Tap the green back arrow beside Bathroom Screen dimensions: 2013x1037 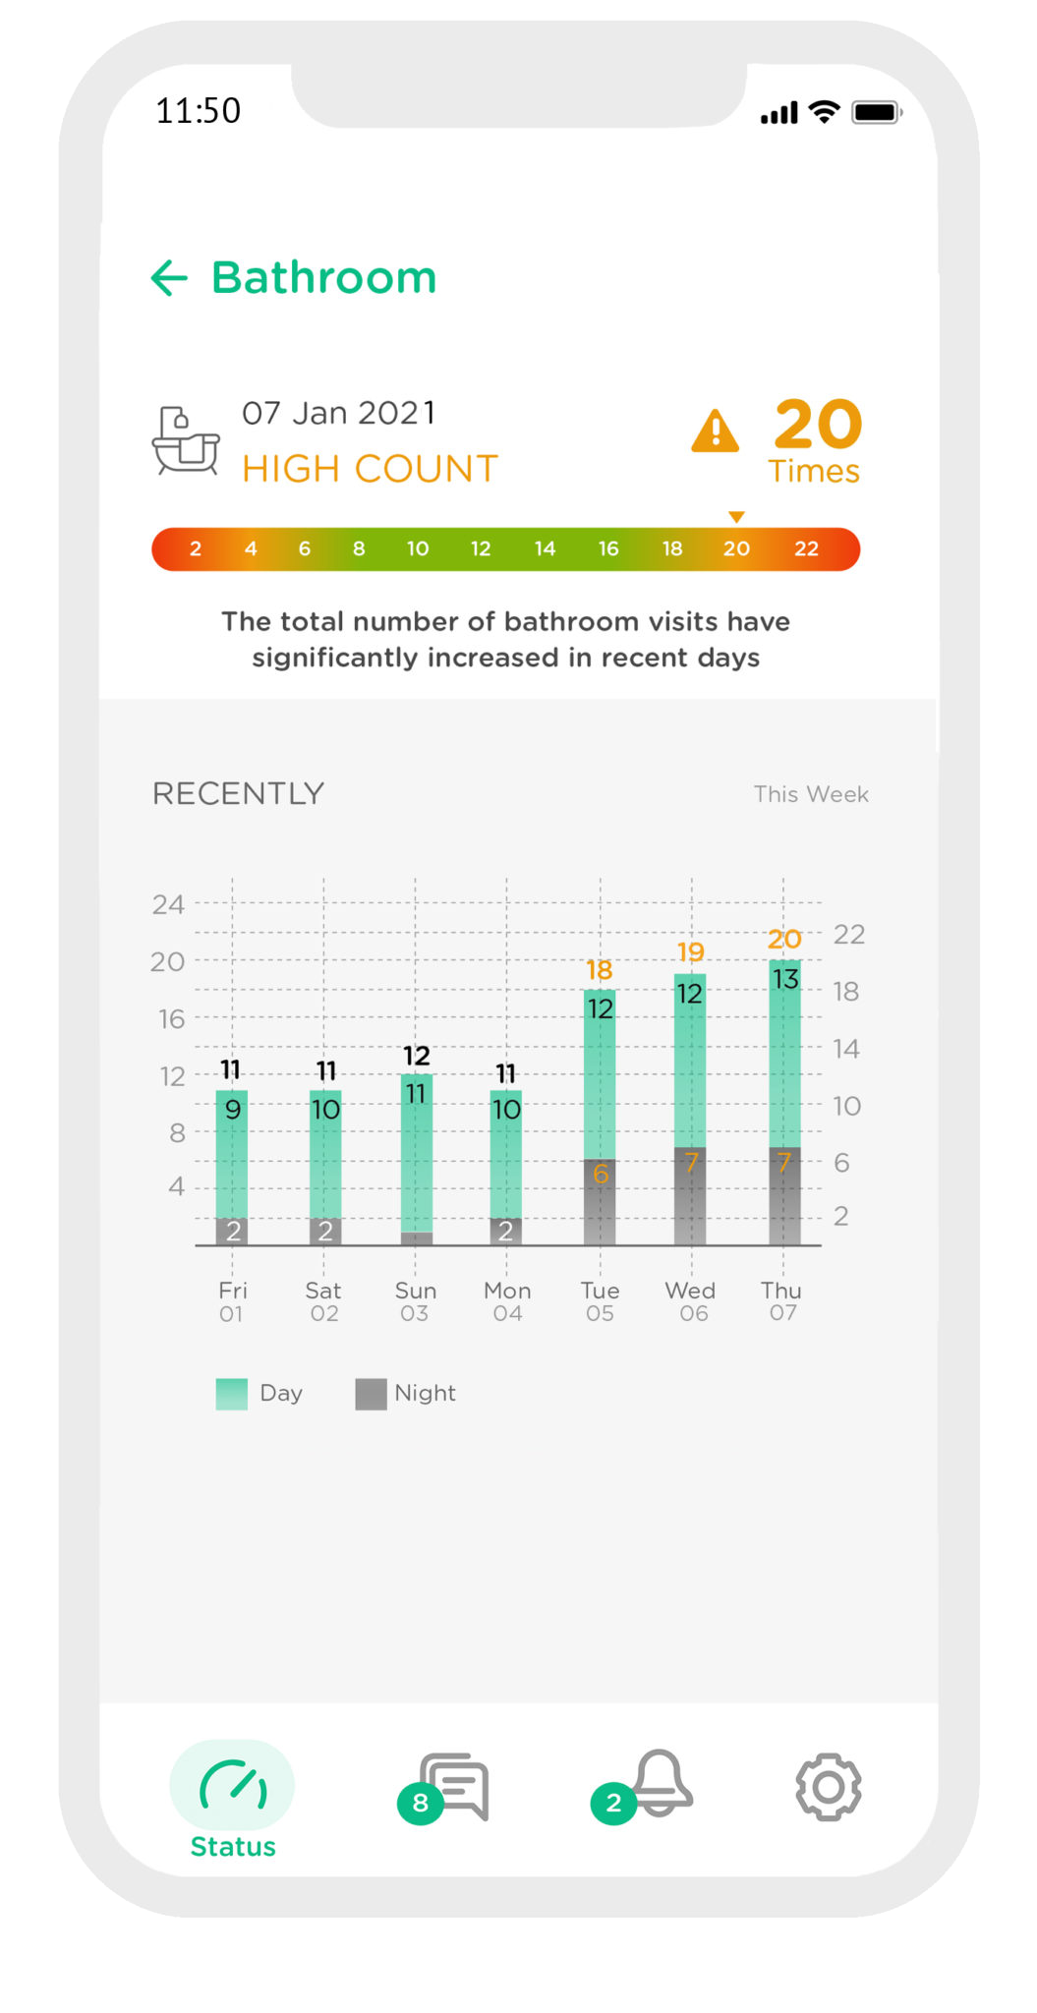tap(169, 278)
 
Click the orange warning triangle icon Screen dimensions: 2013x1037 tap(715, 431)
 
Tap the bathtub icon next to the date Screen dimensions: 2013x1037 tap(186, 441)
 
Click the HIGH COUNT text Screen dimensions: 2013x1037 tap(370, 469)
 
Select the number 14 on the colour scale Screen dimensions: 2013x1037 tap(545, 548)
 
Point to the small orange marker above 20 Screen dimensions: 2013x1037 tap(736, 517)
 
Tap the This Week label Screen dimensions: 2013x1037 tap(810, 794)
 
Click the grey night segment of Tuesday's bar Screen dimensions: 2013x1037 tap(600, 1201)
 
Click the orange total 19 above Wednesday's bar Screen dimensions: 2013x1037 tap(691, 951)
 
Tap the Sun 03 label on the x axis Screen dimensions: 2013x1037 tap(415, 1301)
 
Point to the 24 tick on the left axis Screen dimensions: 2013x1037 tap(168, 904)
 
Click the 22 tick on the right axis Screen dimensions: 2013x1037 tap(848, 934)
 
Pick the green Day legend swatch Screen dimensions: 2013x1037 tap(232, 1394)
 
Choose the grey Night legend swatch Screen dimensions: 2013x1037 tap(371, 1394)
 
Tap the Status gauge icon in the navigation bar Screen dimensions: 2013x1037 tap(233, 1785)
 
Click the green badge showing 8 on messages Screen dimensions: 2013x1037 tap(420, 1803)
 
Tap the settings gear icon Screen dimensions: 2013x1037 tap(828, 1787)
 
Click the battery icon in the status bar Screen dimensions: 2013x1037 tap(876, 112)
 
